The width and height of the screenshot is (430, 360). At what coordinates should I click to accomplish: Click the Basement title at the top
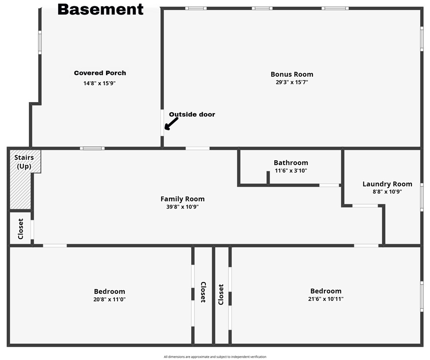pos(100,9)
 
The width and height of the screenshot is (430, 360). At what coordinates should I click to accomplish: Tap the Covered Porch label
pos(100,73)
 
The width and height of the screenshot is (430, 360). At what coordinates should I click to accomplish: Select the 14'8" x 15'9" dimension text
pos(100,83)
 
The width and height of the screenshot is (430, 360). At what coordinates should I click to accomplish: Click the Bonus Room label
pos(292,74)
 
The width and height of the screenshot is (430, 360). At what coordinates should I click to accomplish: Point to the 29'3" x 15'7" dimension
pos(292,82)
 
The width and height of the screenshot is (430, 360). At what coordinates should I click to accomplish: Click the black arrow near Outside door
pos(171,123)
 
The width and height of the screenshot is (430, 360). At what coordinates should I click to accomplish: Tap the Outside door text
pos(192,115)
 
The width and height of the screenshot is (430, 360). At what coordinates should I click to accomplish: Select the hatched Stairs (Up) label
pos(24,162)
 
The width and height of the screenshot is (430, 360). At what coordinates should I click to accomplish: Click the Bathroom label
pos(291,163)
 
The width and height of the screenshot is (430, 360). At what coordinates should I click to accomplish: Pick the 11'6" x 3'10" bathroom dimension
pos(291,170)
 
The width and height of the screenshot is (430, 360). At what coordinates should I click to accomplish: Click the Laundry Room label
pos(387,184)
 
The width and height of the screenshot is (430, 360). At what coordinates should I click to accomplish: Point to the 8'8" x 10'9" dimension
pos(387,192)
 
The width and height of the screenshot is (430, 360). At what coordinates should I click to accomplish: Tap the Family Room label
pos(182,199)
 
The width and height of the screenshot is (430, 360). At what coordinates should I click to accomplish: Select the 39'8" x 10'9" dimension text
pos(182,207)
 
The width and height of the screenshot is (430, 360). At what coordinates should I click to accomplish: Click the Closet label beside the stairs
pos(20,229)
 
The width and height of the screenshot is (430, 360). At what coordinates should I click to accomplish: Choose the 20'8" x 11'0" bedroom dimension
pos(109,299)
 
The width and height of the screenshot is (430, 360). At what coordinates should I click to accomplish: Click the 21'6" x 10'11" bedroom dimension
pos(326,299)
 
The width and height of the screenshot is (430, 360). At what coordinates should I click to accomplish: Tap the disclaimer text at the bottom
pos(215,356)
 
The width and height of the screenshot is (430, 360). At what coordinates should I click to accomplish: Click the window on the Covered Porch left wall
pos(40,42)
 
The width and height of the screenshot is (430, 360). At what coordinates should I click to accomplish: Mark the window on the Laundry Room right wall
pos(422,196)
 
